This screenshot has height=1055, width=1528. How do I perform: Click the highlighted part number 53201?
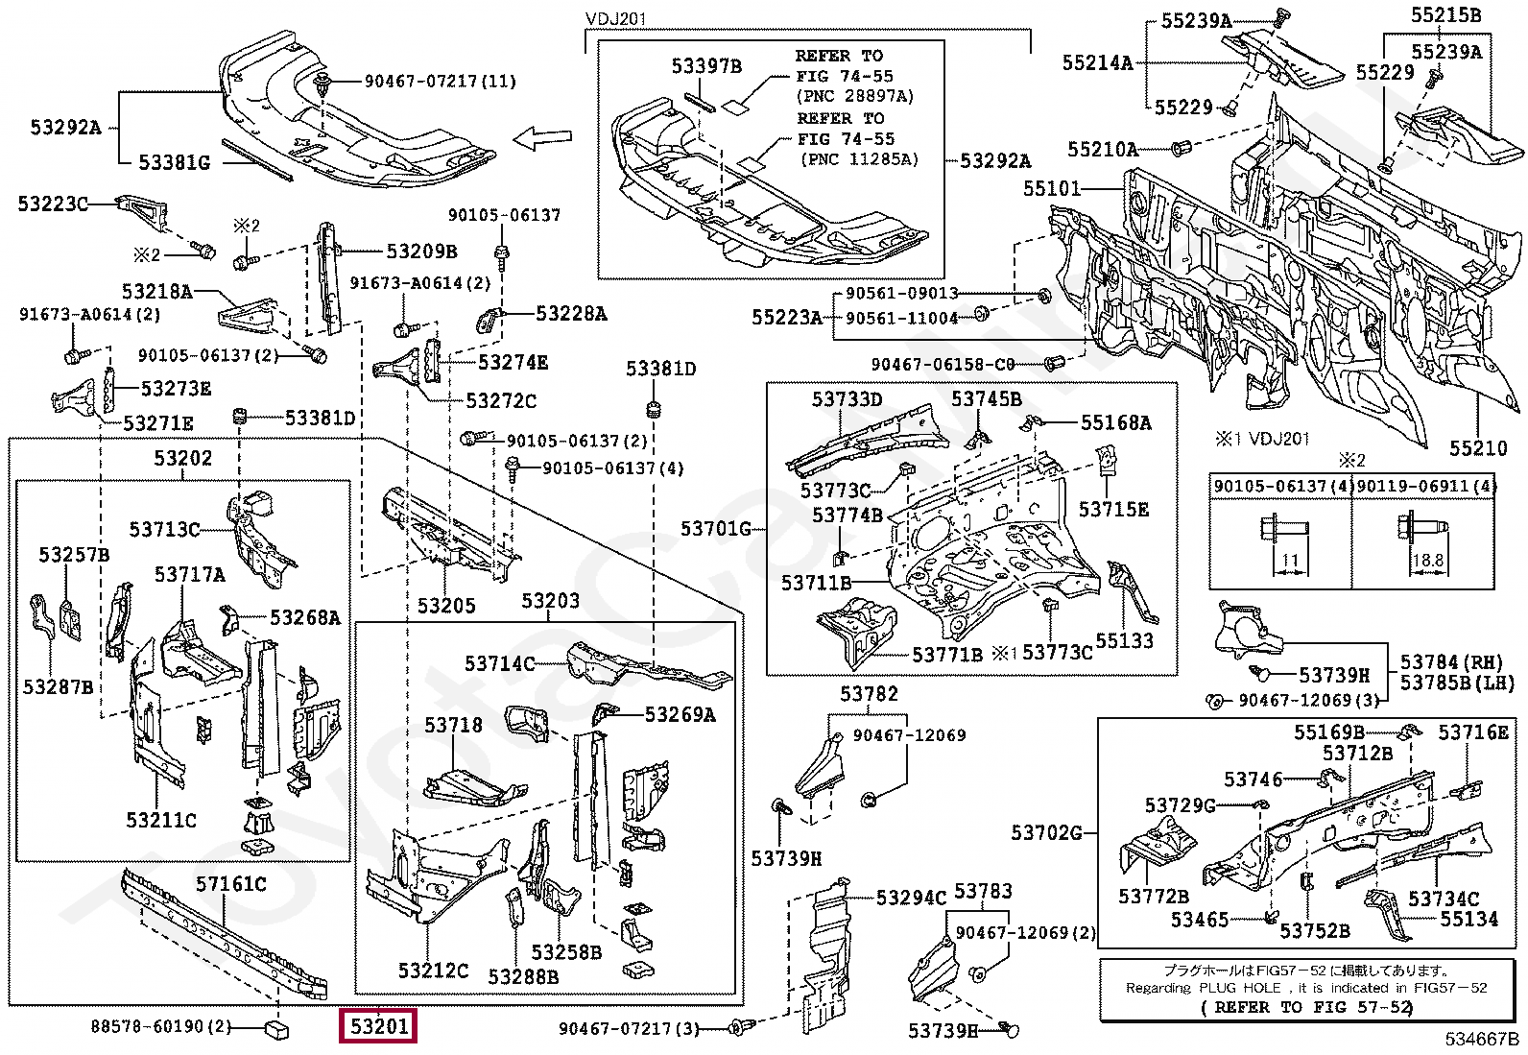pos(379,1026)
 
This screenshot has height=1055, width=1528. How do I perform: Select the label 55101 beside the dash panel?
pos(1051,188)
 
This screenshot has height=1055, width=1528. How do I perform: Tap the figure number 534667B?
pos(1482,1039)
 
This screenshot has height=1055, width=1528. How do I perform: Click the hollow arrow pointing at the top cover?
pos(542,139)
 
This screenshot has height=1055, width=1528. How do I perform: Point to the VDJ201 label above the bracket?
pos(615,19)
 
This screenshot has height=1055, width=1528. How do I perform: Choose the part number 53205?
pos(446,606)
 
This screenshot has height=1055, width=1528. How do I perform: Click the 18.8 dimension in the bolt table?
pos(1427,560)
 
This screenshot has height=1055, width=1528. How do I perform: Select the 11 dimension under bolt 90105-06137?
pos(1290,560)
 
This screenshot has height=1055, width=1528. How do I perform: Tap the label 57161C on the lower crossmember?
pos(231,883)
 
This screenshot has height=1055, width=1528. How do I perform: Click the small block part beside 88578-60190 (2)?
pos(275,1029)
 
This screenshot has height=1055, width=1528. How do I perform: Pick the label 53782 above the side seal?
pos(869,694)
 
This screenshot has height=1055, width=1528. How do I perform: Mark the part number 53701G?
pos(716,528)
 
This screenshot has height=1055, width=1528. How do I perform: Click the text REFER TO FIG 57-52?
pos(1307,1007)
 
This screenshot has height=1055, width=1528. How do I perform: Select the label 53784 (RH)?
pos(1450,662)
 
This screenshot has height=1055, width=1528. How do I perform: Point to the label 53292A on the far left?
pos(65,128)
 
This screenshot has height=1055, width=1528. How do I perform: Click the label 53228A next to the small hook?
pos(571,314)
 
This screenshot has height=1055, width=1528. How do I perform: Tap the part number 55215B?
pos(1445,14)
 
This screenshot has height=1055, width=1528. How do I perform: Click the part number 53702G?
pos(1046,832)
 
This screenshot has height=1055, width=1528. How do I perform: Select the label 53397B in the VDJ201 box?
pos(706,65)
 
